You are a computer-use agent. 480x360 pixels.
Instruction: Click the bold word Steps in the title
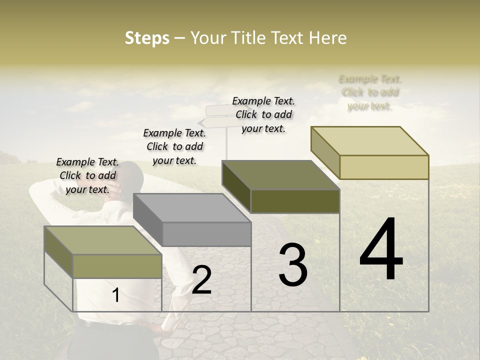point(147,38)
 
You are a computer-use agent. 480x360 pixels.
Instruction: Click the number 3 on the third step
point(293,265)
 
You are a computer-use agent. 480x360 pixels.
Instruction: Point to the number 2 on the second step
point(201,280)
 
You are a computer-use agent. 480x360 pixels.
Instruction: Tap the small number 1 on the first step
point(115,295)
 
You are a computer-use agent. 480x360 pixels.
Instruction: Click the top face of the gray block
point(191,207)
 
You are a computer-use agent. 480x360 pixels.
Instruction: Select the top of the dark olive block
point(280,175)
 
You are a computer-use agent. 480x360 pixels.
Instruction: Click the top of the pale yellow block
point(369,140)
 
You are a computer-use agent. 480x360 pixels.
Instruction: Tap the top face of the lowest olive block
point(102,240)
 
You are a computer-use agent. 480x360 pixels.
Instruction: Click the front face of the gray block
point(206,234)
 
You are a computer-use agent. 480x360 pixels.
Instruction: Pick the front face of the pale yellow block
point(384,167)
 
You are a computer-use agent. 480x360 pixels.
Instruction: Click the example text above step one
point(87,175)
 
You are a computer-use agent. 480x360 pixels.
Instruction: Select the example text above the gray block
point(174,146)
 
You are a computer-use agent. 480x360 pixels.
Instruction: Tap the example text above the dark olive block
point(263,114)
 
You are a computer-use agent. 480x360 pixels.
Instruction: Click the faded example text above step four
point(370,92)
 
